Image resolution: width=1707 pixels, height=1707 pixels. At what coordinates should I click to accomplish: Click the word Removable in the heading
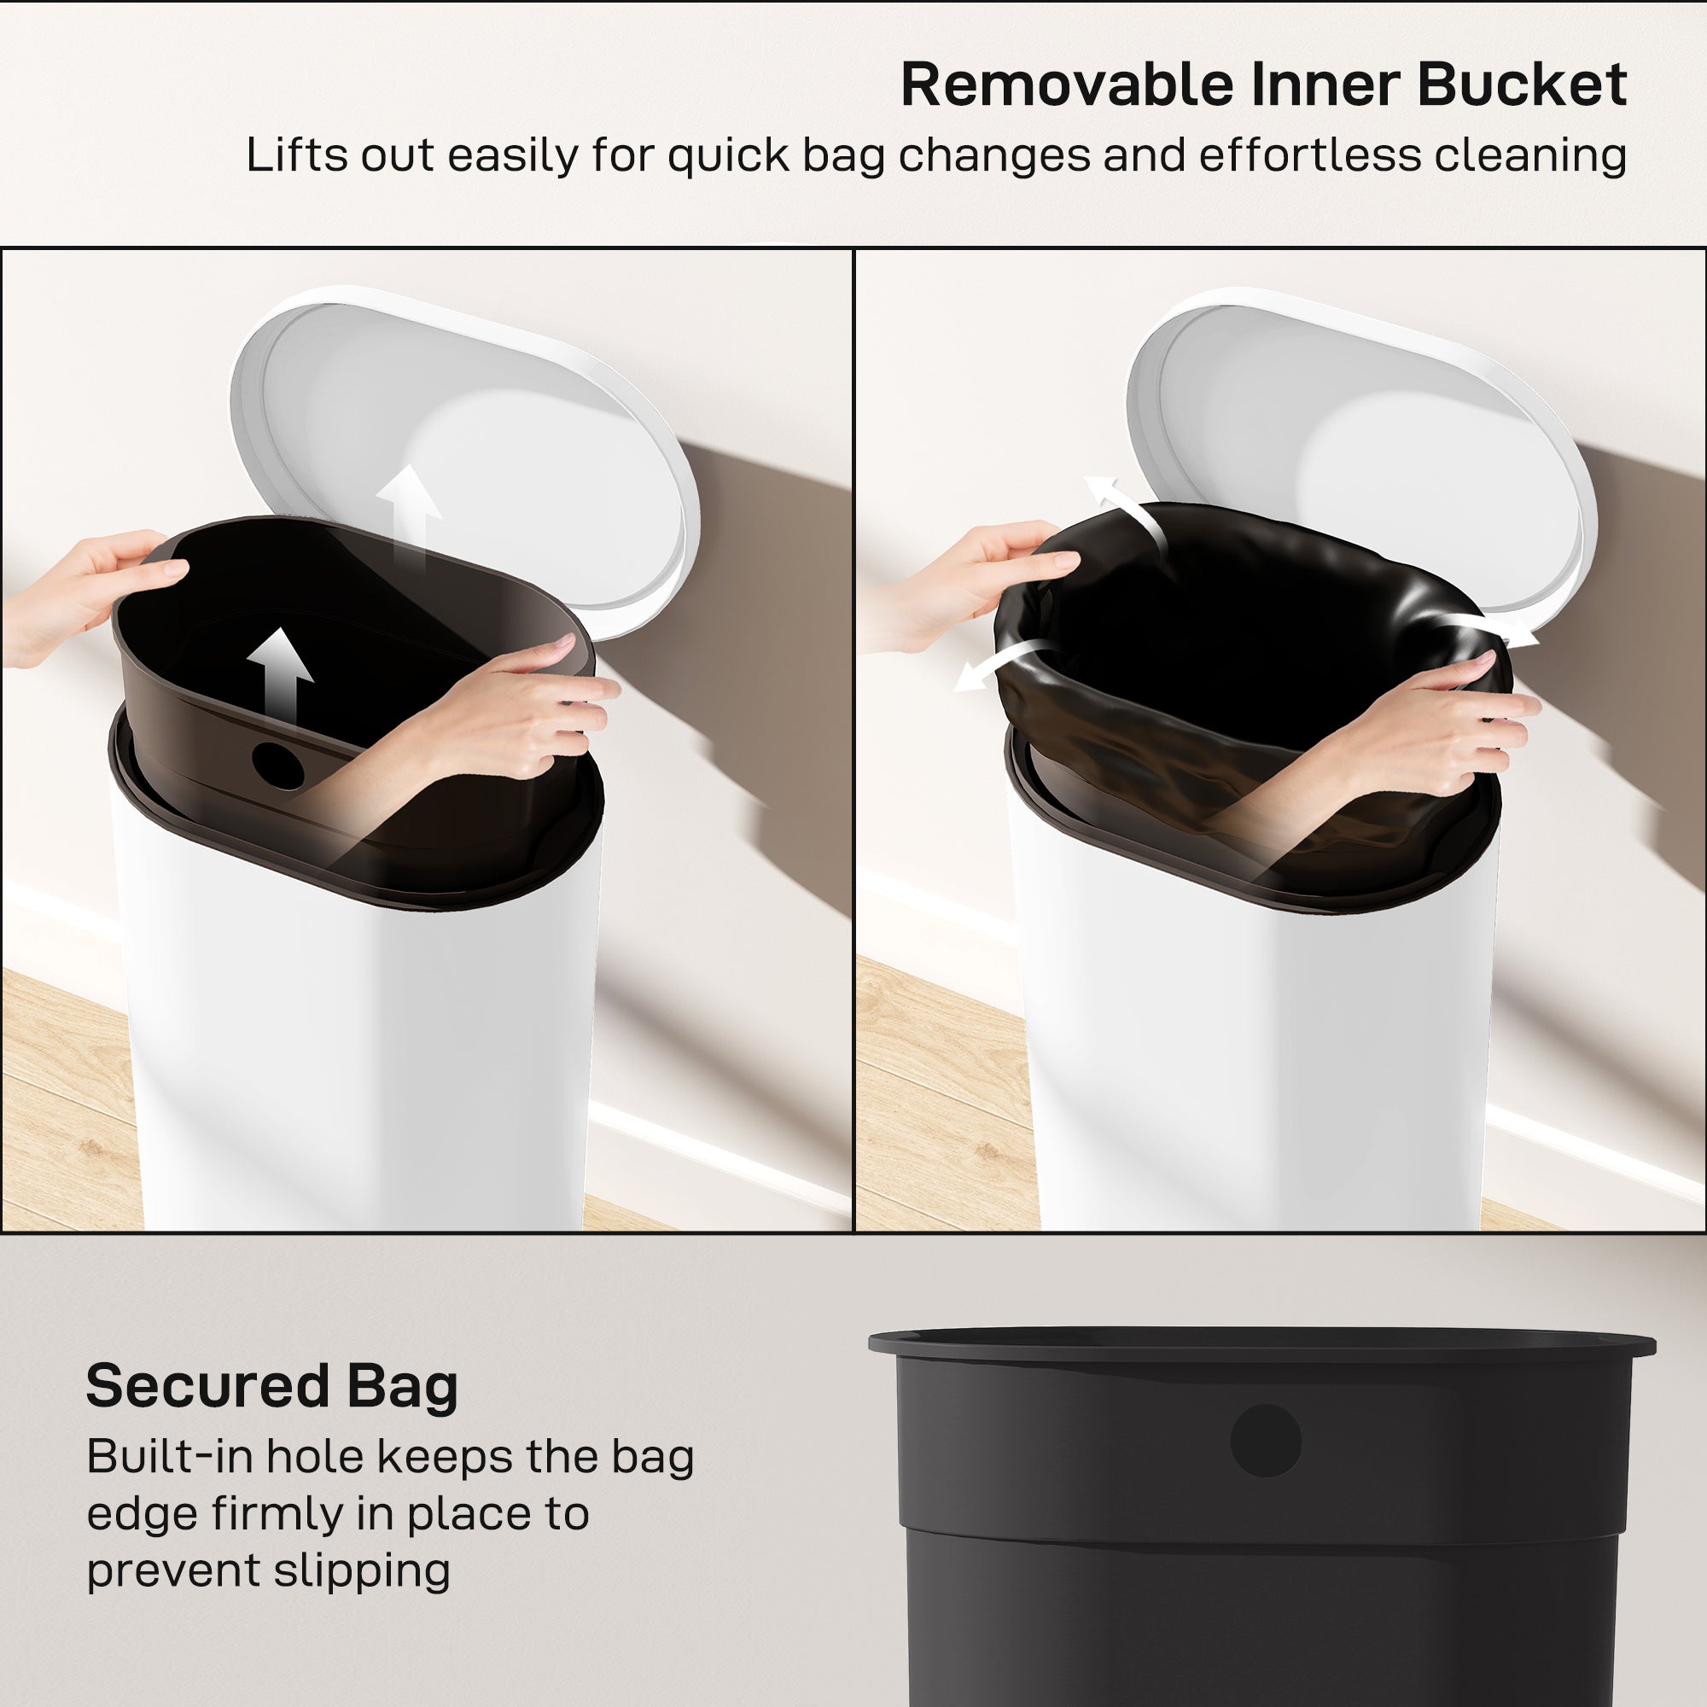click(x=1064, y=85)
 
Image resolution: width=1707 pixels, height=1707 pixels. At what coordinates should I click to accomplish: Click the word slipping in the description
click(x=361, y=1571)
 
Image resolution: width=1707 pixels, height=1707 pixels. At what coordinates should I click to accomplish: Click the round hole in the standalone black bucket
click(x=1265, y=1440)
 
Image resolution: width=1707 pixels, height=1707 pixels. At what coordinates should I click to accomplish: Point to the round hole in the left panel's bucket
click(x=277, y=765)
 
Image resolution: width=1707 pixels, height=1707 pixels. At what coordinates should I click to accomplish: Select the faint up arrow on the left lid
click(x=407, y=512)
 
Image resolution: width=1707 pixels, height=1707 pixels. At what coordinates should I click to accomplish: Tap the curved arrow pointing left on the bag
click(x=999, y=667)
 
